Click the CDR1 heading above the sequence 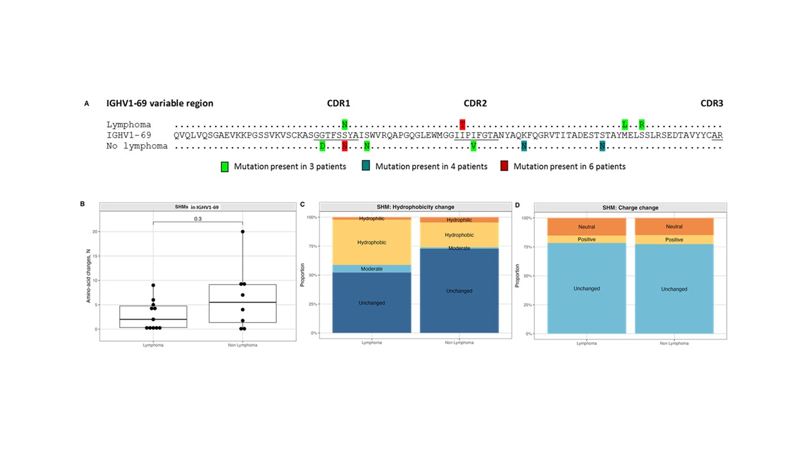point(339,104)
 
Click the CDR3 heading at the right point(711,104)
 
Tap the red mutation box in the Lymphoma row point(462,124)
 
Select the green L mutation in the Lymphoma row point(625,124)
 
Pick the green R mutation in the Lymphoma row point(642,124)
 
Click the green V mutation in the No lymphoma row point(474,146)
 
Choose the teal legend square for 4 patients point(366,167)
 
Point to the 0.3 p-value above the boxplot point(198,219)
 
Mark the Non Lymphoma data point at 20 point(242,231)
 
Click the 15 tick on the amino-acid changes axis point(94,256)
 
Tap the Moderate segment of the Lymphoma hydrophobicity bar point(372,269)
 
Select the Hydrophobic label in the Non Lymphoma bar point(459,235)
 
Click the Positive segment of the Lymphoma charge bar point(587,239)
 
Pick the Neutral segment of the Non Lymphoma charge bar point(674,226)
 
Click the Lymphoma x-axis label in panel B point(153,344)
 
